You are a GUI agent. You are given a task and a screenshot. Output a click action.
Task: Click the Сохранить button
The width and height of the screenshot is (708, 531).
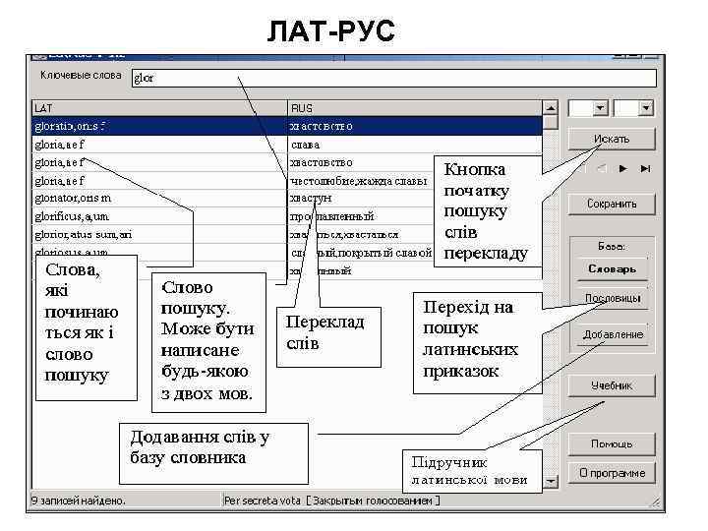point(612,204)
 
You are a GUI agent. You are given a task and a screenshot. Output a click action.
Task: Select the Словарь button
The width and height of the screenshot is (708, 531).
point(612,268)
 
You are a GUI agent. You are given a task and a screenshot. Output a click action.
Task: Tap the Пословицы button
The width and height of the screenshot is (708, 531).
point(612,298)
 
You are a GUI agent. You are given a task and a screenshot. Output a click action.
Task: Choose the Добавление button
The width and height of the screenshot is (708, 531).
point(612,334)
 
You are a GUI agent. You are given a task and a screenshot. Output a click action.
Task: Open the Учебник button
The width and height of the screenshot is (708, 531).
point(612,386)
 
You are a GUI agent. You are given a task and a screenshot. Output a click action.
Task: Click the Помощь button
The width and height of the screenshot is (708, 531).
point(612,443)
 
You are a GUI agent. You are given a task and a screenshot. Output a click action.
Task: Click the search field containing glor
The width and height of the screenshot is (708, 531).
point(393,77)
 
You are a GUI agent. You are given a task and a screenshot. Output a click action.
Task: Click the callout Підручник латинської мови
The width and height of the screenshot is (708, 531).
point(470,471)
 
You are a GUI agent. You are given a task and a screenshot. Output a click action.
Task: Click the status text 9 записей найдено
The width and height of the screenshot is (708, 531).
point(79,501)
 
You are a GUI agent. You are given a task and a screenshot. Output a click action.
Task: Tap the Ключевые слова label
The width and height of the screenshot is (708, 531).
point(81,75)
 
